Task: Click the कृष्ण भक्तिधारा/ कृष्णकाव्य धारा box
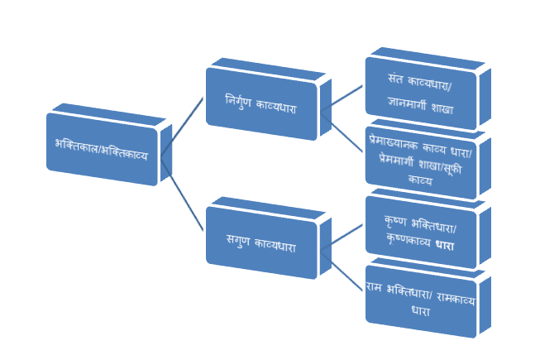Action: (421, 233)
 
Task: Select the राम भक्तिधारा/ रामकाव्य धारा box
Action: (421, 302)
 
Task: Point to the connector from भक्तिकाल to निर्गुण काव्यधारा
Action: (183, 125)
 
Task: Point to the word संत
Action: (397, 81)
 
